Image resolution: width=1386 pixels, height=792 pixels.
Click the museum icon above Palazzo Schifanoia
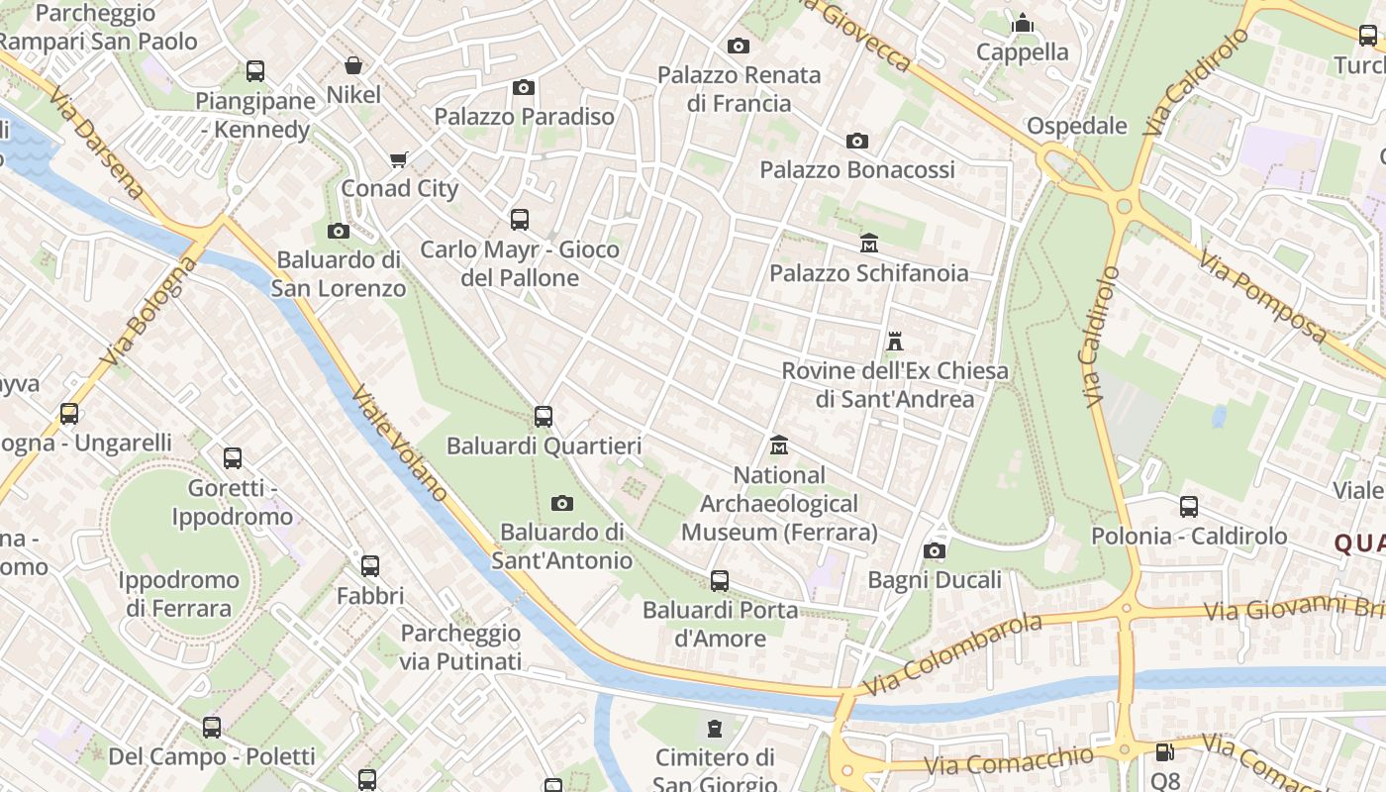(869, 243)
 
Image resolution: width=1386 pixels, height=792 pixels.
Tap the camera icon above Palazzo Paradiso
(524, 87)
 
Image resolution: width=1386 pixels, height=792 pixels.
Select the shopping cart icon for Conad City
(399, 159)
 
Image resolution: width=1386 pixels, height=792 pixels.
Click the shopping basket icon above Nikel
(353, 65)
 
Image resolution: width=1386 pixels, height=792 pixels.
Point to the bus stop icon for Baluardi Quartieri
(544, 417)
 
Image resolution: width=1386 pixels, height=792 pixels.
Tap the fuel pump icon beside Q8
(1165, 753)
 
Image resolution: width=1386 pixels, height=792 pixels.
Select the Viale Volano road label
(399, 442)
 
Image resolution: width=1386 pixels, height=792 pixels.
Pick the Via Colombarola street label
(952, 653)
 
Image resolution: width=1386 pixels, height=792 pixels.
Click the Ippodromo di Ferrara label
(178, 594)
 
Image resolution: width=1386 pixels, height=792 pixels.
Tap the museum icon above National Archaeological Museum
(779, 445)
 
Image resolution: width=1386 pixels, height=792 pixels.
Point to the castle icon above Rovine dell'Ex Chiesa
(895, 342)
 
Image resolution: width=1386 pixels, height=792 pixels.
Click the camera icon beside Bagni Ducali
(935, 550)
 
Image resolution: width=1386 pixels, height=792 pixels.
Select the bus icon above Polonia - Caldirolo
(1189, 507)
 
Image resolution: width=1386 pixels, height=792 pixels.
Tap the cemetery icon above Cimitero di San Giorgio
(715, 730)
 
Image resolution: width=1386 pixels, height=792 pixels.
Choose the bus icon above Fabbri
(370, 566)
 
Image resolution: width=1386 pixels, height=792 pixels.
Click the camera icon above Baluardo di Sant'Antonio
(562, 503)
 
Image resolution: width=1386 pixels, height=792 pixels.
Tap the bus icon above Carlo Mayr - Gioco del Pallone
(520, 220)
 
